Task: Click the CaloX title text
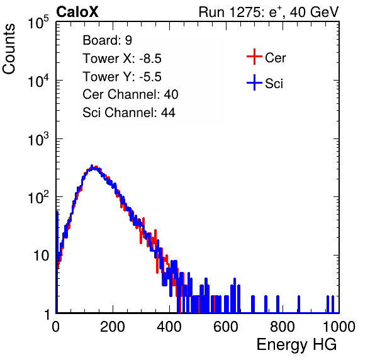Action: point(77,12)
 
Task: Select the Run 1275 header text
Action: point(269,12)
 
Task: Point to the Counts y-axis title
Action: point(9,49)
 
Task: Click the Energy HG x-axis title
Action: point(297,345)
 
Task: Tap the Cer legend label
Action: point(275,58)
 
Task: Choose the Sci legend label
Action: point(274,84)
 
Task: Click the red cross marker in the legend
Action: point(254,57)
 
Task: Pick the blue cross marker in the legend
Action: point(254,82)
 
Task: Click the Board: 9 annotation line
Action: point(107,40)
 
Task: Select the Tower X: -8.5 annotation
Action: point(122,59)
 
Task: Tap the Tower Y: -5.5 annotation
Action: point(122,77)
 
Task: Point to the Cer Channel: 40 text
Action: point(130,94)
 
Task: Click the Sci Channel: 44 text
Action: point(129,113)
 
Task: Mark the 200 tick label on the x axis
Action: point(113,327)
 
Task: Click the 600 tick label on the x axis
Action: point(226,327)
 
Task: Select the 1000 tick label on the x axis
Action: point(339,327)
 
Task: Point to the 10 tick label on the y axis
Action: point(41,256)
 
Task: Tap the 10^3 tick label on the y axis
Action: point(38,138)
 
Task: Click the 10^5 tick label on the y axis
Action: point(38,22)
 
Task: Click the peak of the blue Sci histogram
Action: point(92,166)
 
